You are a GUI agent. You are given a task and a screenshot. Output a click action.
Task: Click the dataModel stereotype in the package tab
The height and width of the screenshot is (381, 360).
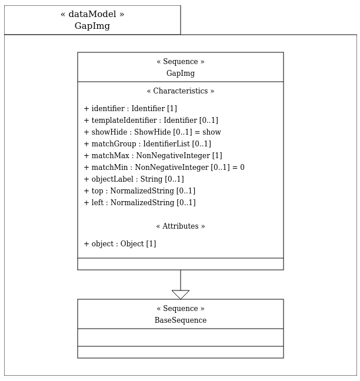[92, 14]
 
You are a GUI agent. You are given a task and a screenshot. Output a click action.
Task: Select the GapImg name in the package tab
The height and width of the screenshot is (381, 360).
[92, 26]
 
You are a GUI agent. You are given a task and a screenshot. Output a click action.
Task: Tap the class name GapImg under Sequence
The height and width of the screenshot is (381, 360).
[181, 73]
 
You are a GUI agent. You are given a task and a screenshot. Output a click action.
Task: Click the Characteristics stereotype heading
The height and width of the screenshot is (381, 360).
[181, 91]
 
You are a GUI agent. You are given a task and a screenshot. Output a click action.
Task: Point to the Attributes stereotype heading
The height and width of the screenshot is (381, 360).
[181, 226]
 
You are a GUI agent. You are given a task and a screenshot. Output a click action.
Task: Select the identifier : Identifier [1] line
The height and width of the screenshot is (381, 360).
[130, 109]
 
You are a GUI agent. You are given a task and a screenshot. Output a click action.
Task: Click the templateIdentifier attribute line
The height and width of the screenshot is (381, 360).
[151, 121]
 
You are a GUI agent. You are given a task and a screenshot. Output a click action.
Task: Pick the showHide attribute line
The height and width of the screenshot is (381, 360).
[152, 132]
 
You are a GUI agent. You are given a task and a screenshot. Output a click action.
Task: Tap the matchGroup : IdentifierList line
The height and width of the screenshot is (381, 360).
[148, 144]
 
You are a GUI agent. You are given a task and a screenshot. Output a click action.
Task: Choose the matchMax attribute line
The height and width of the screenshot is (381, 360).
[153, 155]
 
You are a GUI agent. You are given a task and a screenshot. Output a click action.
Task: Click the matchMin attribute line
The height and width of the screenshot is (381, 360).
[164, 167]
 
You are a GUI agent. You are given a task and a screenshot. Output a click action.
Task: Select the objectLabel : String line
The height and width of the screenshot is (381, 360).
[134, 179]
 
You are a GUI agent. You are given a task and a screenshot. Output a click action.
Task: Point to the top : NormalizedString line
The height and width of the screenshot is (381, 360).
[139, 190]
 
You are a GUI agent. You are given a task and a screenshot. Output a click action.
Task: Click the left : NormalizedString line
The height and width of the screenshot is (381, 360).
[140, 203]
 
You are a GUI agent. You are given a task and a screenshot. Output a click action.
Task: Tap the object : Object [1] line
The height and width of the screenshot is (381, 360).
[120, 244]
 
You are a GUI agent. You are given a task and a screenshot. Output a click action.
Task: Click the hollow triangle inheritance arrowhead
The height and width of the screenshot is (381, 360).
[181, 295]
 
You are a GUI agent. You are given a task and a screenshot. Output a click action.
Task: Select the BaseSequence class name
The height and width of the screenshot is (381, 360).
[181, 320]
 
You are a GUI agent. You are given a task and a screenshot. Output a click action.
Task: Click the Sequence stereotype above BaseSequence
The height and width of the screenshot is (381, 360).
[181, 308]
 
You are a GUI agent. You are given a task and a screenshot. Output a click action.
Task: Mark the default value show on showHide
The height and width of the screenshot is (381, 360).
[212, 132]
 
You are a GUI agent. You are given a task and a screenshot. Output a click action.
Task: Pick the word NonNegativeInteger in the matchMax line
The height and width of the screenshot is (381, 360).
[173, 155]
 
